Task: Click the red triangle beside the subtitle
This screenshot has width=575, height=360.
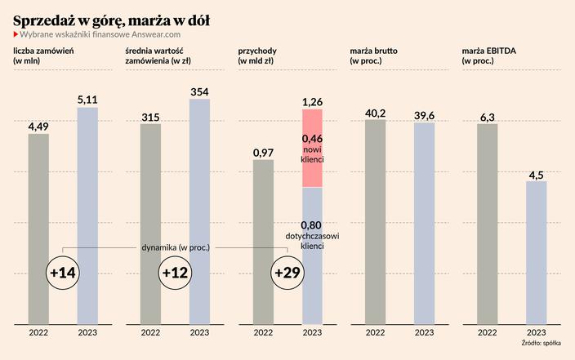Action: tap(16, 34)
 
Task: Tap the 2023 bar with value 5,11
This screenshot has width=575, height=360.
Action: tap(87, 216)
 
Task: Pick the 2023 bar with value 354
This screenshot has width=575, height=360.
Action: tap(199, 212)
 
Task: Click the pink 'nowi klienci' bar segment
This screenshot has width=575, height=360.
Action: tap(313, 148)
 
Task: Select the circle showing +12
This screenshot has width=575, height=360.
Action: tap(176, 273)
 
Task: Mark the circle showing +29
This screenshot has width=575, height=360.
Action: tap(288, 273)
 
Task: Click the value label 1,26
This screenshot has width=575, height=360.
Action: tap(313, 102)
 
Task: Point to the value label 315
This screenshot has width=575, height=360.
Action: tap(150, 117)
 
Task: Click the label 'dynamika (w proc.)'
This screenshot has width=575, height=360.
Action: tap(176, 247)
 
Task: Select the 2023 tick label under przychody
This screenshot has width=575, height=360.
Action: tap(313, 332)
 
